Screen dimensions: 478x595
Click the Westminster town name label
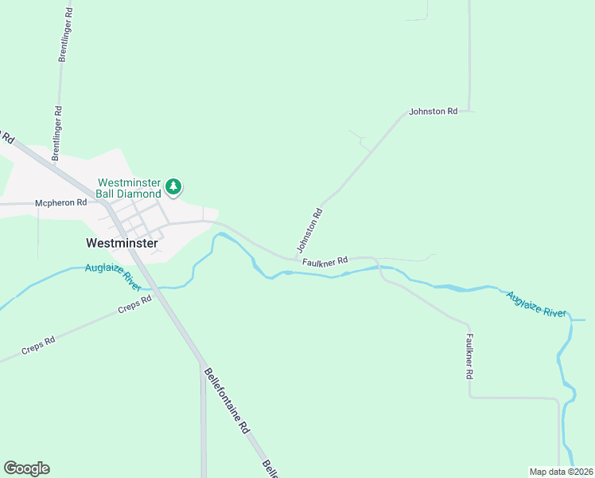[x=122, y=241]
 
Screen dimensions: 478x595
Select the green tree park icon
[x=173, y=188]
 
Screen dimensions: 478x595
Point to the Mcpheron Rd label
[x=60, y=203]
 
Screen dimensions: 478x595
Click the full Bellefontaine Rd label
[x=227, y=400]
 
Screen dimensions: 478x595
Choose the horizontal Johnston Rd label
[x=433, y=112]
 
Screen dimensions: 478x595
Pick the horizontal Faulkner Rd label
[x=325, y=261]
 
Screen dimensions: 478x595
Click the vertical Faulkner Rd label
[x=469, y=355]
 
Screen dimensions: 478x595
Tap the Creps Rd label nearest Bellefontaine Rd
[x=134, y=305]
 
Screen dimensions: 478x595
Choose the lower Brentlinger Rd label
[x=56, y=132]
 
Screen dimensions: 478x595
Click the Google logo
[x=26, y=468]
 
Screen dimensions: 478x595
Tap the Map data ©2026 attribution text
[x=560, y=472]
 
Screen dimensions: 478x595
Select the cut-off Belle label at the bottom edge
[x=270, y=468]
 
